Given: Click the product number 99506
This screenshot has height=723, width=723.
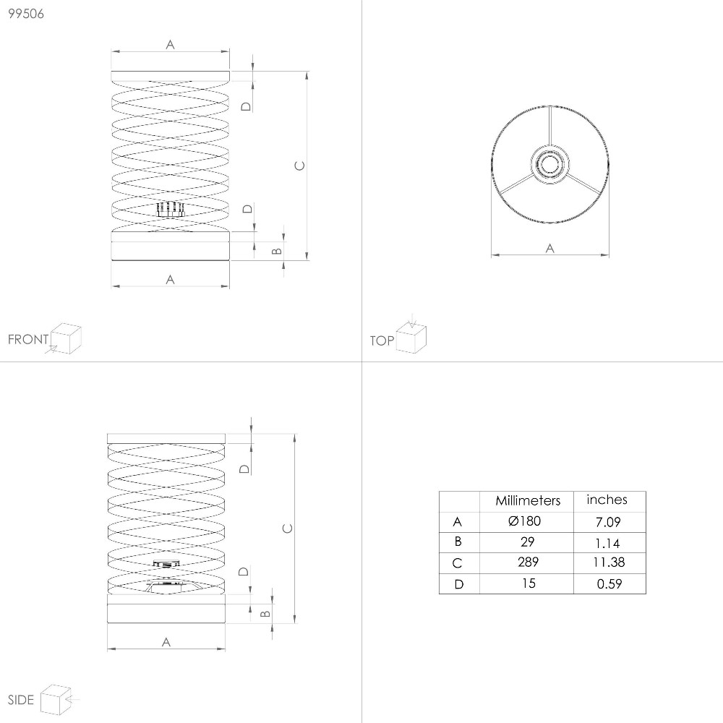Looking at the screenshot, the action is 26,14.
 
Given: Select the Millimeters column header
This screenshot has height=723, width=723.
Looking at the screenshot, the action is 528,501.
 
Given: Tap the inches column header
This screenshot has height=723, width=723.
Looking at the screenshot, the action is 607,500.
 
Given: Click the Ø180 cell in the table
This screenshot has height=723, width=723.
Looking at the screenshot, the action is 524,521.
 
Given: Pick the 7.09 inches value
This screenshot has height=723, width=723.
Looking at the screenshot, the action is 608,522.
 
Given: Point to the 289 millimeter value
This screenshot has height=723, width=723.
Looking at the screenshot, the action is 528,562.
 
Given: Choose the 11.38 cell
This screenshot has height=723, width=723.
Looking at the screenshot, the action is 609,562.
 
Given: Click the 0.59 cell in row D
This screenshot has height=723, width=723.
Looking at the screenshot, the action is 609,583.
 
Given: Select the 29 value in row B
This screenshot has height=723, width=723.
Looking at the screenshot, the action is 528,542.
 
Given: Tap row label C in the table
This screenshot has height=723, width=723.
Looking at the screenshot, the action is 458,563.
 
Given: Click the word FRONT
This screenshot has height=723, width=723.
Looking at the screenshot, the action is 28,339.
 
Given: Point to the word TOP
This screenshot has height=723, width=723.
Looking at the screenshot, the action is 382,341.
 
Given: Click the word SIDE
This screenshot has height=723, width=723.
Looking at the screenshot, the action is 21,700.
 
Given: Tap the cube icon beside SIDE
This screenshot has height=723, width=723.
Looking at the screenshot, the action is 56,699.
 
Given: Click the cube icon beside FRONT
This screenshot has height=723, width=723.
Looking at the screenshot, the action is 66,338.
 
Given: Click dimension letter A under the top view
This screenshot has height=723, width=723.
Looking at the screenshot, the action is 549,249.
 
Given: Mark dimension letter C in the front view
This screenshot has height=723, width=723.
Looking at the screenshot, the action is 299,166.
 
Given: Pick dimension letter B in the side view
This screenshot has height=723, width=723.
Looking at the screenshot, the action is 265,614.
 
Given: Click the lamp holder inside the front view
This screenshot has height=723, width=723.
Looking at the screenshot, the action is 171,210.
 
